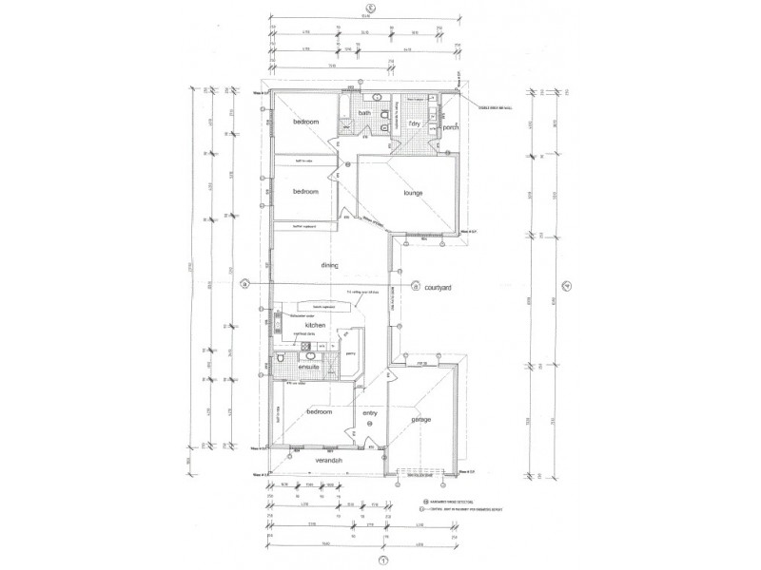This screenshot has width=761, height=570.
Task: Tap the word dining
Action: [x=330, y=266]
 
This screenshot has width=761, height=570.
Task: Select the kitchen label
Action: [x=316, y=326]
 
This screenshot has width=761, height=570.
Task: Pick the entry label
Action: [x=371, y=412]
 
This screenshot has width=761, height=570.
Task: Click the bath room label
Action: [x=364, y=114]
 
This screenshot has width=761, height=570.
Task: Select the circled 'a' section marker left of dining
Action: [x=244, y=283]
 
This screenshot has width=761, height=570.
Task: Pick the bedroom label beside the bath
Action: [x=304, y=123]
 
